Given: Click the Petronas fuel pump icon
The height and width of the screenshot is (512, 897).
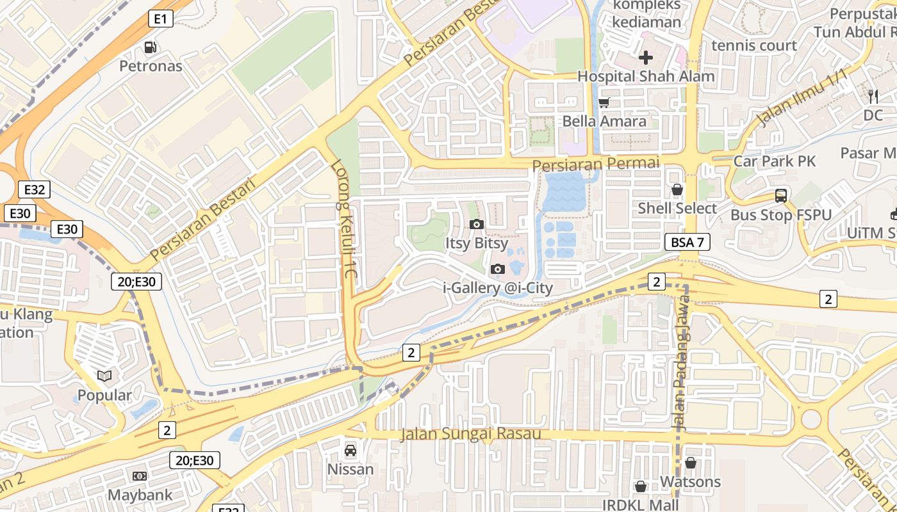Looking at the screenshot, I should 151,47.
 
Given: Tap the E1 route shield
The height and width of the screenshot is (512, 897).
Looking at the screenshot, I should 161,19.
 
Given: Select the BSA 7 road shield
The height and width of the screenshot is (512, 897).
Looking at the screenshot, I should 687,242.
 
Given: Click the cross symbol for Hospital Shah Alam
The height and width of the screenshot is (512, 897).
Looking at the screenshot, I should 646,58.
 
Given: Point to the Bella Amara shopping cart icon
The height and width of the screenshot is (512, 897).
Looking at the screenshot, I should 604,102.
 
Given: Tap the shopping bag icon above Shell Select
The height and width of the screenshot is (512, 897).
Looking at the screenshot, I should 677,189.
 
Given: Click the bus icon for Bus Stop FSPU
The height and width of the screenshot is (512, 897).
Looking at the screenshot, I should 780,196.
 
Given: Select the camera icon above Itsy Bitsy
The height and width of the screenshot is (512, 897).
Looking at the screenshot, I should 476,224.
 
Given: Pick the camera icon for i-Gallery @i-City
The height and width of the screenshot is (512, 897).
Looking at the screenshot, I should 497,269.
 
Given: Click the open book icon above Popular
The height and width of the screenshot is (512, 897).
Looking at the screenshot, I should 104,376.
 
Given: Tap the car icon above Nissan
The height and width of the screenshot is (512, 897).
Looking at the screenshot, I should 350,451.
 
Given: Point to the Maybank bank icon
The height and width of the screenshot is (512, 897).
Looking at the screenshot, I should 139,476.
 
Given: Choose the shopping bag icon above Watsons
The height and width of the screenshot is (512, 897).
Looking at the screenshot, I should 690,463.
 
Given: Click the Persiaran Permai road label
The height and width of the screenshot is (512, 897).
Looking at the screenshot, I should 595,164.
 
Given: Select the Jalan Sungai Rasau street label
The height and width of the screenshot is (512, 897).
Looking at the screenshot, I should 470,434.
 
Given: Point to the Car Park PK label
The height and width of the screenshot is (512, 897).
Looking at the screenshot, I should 775,161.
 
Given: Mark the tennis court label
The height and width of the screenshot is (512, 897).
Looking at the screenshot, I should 754,45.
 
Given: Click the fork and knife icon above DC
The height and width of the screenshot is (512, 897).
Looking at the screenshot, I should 873,97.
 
